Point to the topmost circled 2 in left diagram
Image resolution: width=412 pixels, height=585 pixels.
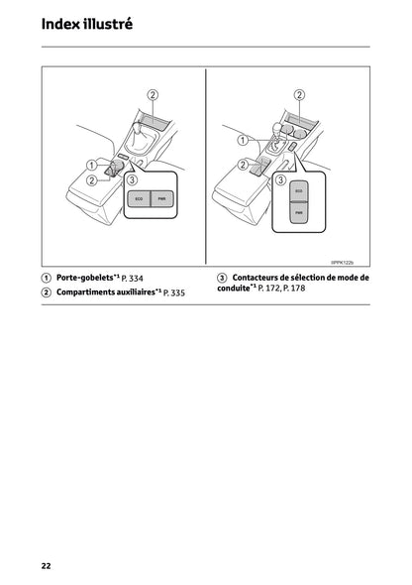(x=153, y=95)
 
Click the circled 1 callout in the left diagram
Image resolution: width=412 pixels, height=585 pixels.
(x=91, y=165)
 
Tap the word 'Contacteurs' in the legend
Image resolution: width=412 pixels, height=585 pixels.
(x=261, y=278)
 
